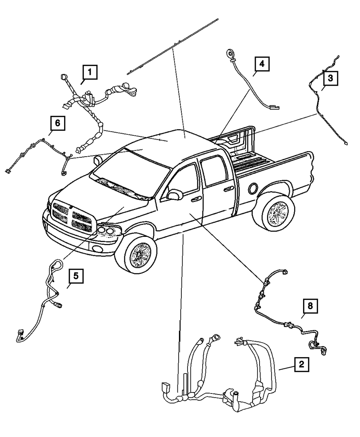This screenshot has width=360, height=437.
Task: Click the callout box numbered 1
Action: coord(90,72)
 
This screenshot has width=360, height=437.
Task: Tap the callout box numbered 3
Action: coord(330,77)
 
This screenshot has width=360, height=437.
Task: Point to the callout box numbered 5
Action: coord(76,277)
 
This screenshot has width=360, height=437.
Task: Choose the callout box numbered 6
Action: coord(57,124)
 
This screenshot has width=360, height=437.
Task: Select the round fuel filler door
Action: coord(253,188)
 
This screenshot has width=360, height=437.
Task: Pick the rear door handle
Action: coord(227,189)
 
